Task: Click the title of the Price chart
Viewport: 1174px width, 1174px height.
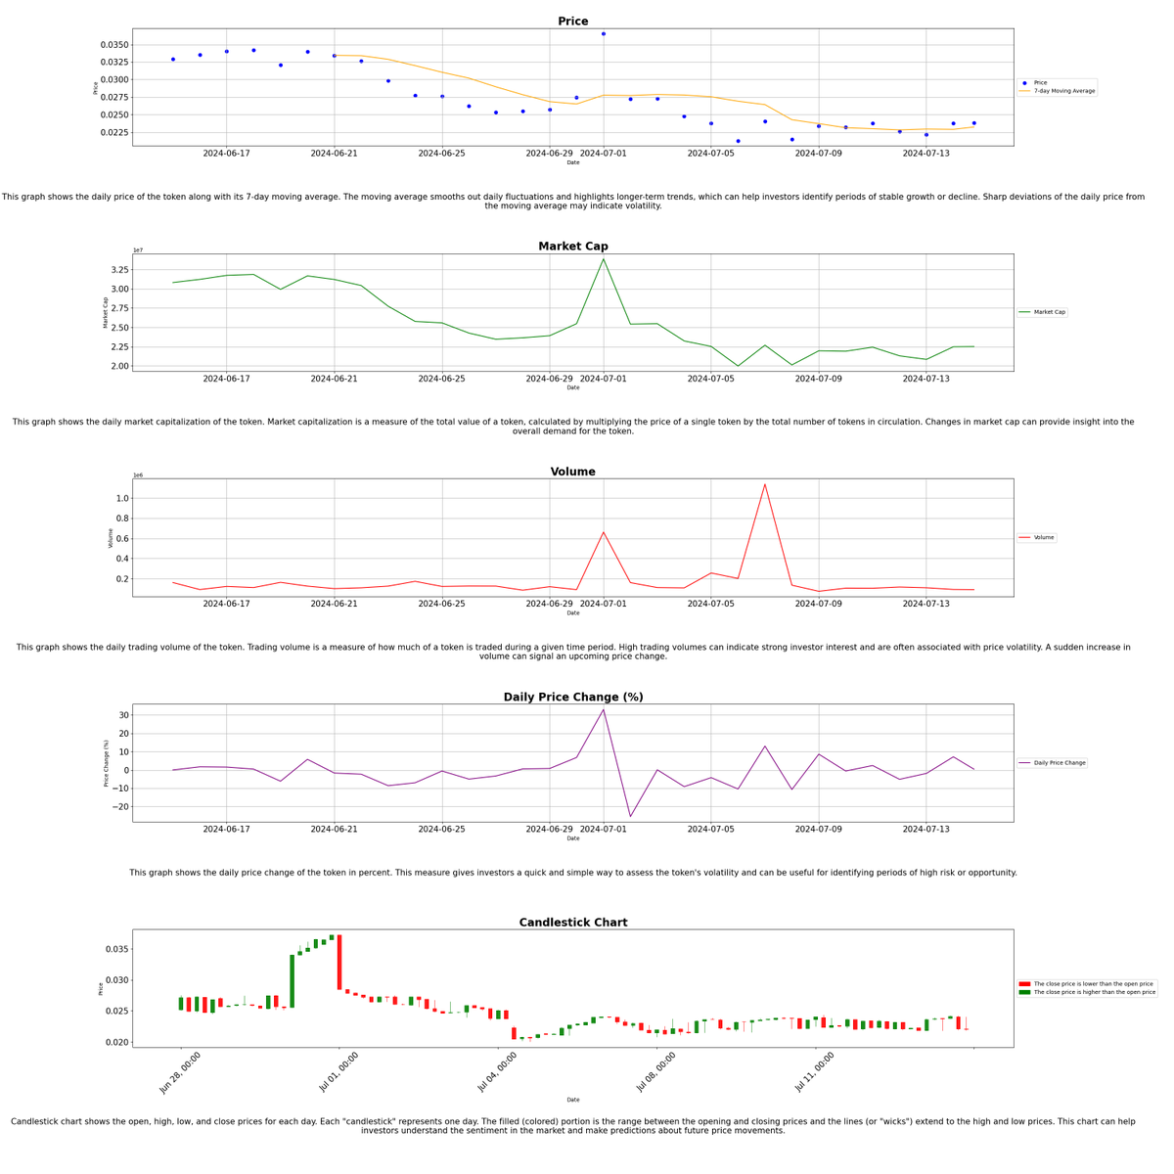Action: click(x=572, y=22)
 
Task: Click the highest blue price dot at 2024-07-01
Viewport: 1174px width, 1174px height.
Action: click(x=604, y=34)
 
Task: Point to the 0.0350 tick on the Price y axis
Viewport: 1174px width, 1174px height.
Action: click(x=114, y=45)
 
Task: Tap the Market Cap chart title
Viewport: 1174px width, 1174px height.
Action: click(x=572, y=247)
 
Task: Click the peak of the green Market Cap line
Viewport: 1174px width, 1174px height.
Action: click(x=604, y=259)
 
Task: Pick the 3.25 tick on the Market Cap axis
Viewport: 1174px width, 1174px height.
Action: click(x=117, y=270)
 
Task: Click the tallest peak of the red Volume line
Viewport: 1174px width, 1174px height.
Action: click(x=765, y=484)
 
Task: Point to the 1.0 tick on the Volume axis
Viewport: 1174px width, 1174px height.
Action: click(x=121, y=498)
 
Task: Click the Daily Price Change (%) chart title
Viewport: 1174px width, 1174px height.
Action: click(x=572, y=698)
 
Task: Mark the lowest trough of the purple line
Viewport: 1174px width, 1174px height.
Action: click(x=630, y=816)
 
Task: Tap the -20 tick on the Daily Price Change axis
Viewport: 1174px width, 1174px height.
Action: click(x=117, y=807)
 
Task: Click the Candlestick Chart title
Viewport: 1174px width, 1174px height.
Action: click(x=572, y=923)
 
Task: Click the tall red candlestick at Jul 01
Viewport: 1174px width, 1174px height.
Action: click(x=339, y=963)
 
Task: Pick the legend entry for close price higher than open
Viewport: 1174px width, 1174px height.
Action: click(x=1094, y=992)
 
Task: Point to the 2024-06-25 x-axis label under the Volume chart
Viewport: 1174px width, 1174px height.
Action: click(x=442, y=604)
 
